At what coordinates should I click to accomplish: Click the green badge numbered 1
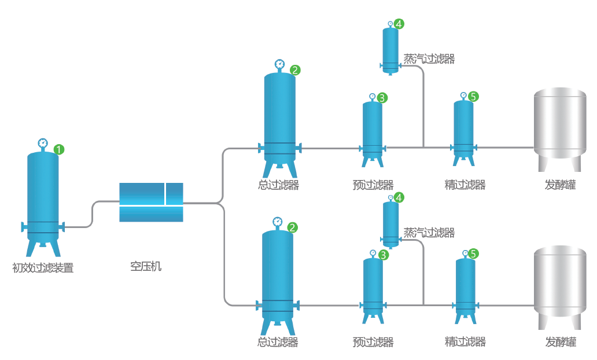(x=58, y=149)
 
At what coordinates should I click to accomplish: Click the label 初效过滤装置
(x=43, y=268)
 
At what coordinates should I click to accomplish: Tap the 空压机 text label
(x=146, y=266)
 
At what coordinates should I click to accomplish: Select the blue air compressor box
(x=151, y=202)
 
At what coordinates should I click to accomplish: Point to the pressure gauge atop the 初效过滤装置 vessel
(x=42, y=143)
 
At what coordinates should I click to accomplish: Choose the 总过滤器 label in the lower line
(x=278, y=342)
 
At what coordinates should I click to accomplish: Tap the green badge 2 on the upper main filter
(x=295, y=70)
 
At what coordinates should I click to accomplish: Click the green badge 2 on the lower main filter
(x=293, y=227)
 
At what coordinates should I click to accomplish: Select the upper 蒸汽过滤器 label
(x=429, y=58)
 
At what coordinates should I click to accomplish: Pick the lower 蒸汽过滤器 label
(x=429, y=233)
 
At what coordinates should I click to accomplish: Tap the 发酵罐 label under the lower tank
(x=560, y=341)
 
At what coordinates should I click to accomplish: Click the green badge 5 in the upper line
(x=473, y=97)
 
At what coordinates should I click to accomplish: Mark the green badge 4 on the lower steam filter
(x=399, y=197)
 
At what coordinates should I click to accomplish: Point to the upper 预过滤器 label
(x=373, y=185)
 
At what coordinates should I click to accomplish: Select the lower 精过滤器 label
(x=465, y=341)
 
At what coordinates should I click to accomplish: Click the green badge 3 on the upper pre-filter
(x=382, y=98)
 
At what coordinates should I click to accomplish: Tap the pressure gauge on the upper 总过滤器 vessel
(x=280, y=64)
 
